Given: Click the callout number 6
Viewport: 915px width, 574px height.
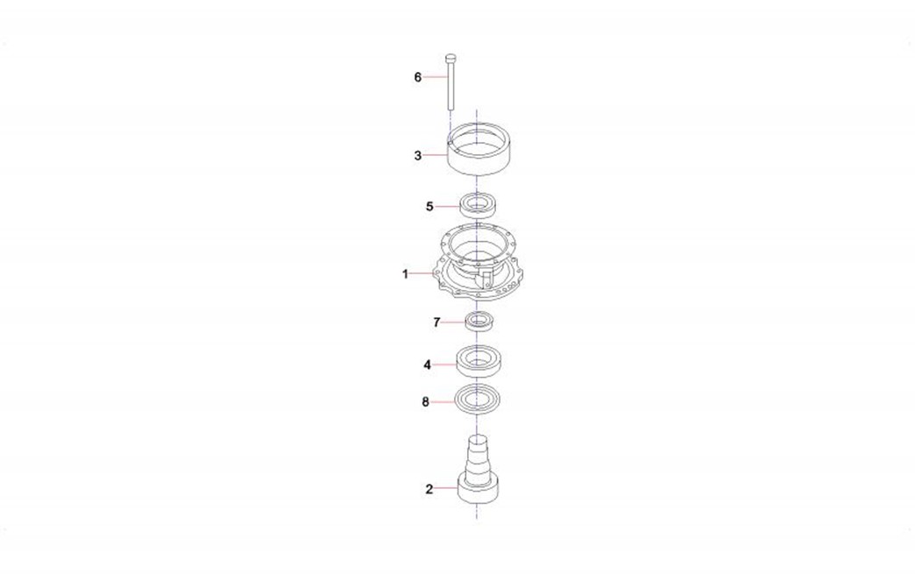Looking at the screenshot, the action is click(417, 77).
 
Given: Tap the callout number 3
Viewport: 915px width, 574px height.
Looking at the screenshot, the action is click(417, 155).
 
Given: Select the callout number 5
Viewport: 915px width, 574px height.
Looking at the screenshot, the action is click(429, 207).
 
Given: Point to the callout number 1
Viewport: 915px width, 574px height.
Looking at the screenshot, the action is click(405, 273).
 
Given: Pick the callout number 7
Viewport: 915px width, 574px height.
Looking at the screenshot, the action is click(436, 322).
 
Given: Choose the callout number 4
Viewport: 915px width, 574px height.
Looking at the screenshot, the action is click(427, 365).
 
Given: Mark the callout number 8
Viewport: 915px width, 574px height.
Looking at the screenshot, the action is click(425, 401).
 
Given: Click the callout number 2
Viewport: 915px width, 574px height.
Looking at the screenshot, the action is click(429, 489).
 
